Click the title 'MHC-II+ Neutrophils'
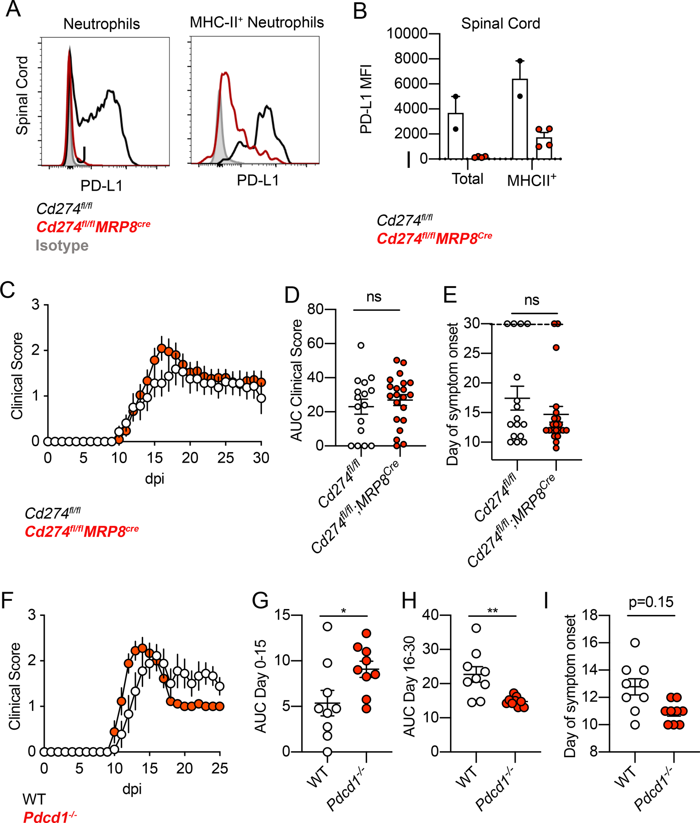pos(256,22)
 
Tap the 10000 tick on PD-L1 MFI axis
pos(406,33)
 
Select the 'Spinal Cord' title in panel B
pos(500,23)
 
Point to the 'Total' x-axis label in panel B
pos(467,179)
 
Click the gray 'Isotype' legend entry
pos(62,246)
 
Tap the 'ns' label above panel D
pos(374,297)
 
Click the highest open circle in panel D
pos(361,345)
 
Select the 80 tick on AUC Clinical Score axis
pos(315,309)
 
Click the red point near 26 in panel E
pos(556,347)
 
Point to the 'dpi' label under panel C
pos(154,479)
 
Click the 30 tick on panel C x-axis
pos(261,458)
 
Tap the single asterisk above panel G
pos(343,611)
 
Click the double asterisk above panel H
pos(492,611)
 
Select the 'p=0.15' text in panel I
pos(651,602)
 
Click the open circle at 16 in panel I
pos(635,642)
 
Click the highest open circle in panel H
pos(476,628)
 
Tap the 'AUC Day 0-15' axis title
pos(261,684)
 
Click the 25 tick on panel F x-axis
pos(219,768)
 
